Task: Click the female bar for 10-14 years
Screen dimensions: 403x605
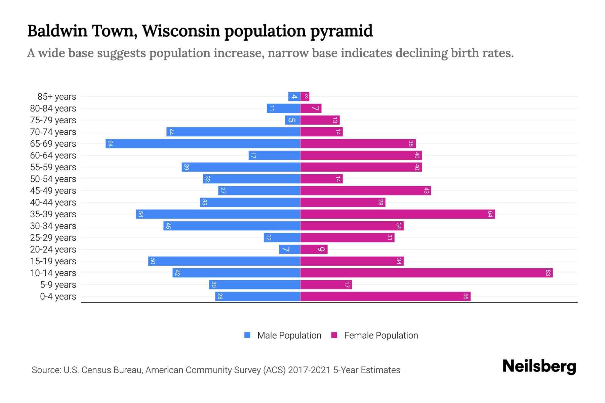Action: [426, 273]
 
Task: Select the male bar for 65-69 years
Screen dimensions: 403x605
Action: [203, 143]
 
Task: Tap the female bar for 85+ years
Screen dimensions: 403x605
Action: [305, 97]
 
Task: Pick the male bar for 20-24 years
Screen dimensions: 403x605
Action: [289, 249]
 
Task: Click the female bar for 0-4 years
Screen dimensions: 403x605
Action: [385, 296]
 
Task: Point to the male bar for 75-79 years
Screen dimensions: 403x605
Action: [292, 120]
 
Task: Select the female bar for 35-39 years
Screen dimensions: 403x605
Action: [397, 214]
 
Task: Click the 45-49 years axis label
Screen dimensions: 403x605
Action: [53, 191]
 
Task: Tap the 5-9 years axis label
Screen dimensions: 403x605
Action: [58, 285]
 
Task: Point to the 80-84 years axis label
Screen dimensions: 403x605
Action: [53, 108]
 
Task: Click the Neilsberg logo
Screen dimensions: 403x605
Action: [539, 366]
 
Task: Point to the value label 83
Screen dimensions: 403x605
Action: [548, 273]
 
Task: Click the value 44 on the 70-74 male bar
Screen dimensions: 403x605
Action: [171, 132]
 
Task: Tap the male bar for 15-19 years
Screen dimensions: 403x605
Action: [224, 261]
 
